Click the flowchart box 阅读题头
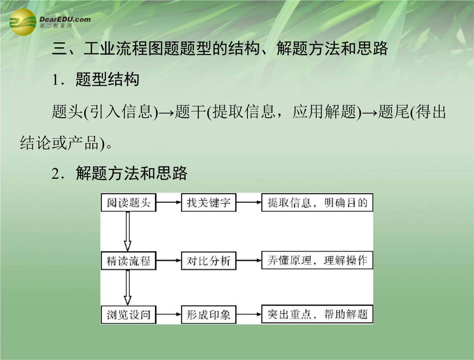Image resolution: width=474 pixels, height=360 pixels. pyautogui.click(x=128, y=203)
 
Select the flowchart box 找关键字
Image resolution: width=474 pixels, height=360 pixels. pyautogui.click(x=209, y=203)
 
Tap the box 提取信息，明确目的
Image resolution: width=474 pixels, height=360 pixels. pyautogui.click(x=317, y=203)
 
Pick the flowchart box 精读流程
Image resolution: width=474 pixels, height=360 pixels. pyautogui.click(x=128, y=261)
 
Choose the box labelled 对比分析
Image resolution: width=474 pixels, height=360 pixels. pyautogui.click(x=209, y=261)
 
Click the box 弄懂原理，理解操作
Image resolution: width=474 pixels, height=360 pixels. pyautogui.click(x=317, y=260)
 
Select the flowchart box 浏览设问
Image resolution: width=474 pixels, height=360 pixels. pyautogui.click(x=128, y=314)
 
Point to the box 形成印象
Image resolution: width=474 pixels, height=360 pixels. pyautogui.click(x=209, y=314)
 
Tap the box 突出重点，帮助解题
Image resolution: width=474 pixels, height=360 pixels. pyautogui.click(x=317, y=314)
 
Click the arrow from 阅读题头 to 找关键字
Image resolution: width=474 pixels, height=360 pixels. pyautogui.click(x=169, y=202)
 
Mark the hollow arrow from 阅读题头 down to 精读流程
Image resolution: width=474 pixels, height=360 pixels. pyautogui.click(x=128, y=232)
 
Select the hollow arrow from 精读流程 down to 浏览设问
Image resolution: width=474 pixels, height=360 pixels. pyautogui.click(x=128, y=288)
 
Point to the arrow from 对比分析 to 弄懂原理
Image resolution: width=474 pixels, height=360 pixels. pyautogui.click(x=249, y=260)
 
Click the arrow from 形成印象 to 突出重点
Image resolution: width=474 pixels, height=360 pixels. pyautogui.click(x=249, y=314)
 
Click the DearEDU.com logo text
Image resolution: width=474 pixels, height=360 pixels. pyautogui.click(x=65, y=20)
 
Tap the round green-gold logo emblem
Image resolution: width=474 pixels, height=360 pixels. pyautogui.click(x=23, y=22)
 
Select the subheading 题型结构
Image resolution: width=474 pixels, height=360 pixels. pyautogui.click(x=107, y=79)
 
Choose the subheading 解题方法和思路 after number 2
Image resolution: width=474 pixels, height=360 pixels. pyautogui.click(x=132, y=174)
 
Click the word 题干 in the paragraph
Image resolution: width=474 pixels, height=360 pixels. pyautogui.click(x=190, y=112)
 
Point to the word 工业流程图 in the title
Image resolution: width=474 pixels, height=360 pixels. pyautogui.click(x=124, y=48)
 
